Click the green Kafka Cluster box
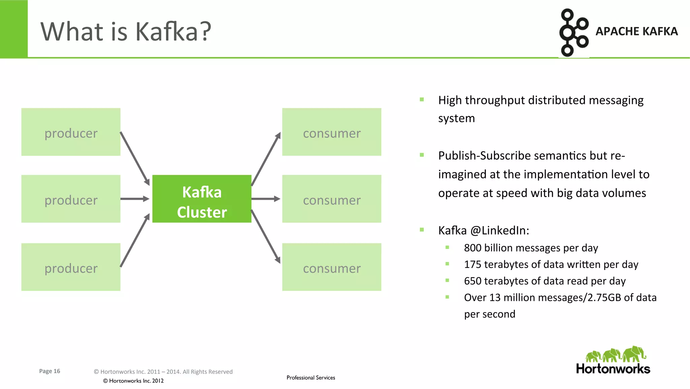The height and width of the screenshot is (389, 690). (x=202, y=199)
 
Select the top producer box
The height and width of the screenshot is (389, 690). (x=71, y=132)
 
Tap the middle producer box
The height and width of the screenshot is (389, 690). (x=71, y=199)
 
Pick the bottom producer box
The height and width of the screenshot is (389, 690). (x=71, y=267)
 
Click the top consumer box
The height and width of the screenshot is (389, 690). (x=332, y=132)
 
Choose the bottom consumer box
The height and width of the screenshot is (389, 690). (x=332, y=267)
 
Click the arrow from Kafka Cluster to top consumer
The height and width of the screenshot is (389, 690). (x=266, y=159)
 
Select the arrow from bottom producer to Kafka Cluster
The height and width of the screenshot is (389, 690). (x=135, y=240)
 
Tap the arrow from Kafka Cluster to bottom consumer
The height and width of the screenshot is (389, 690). (x=266, y=237)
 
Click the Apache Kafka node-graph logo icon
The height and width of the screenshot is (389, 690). (x=573, y=32)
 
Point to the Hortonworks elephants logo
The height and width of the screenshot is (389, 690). (x=615, y=354)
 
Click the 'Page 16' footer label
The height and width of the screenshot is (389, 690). (x=50, y=371)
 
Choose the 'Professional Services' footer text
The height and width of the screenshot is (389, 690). (x=311, y=378)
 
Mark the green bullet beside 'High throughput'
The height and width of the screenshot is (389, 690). (x=422, y=100)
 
